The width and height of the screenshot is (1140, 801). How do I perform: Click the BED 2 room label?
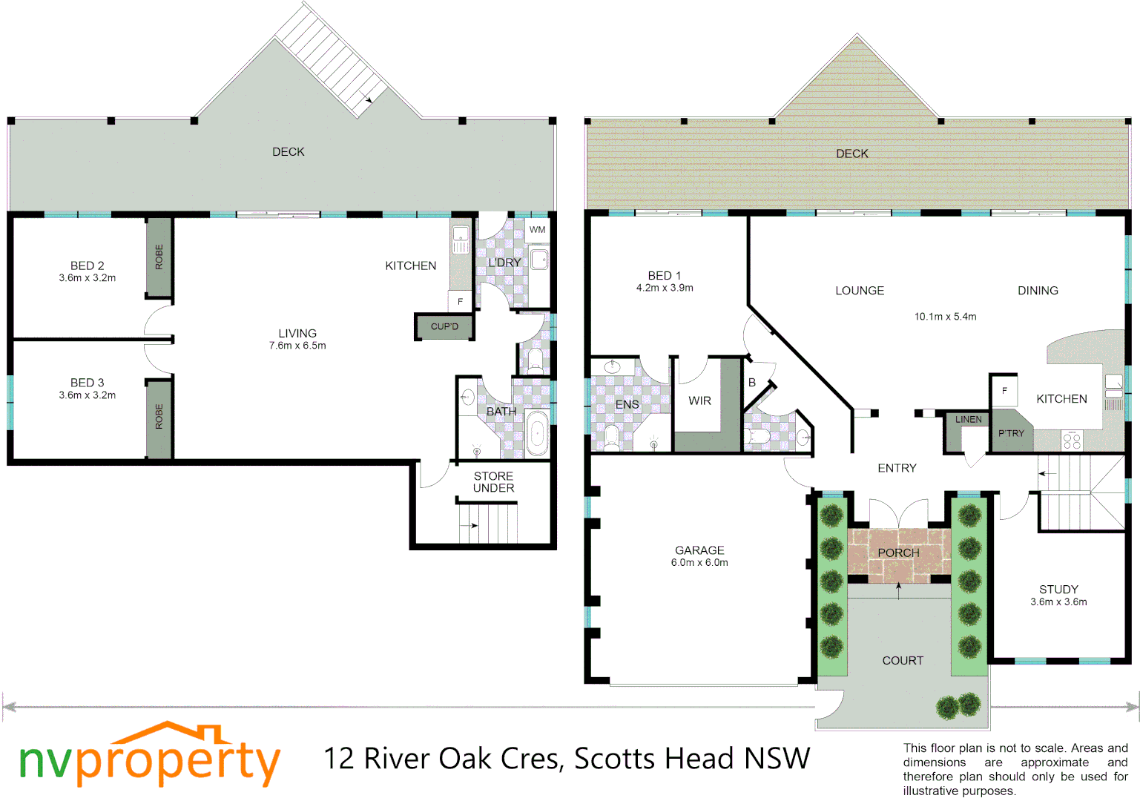tap(87, 266)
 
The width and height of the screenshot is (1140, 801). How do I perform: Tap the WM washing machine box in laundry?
tap(537, 230)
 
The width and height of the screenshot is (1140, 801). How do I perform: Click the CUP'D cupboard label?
tap(444, 326)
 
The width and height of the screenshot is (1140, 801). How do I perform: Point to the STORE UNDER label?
tap(493, 482)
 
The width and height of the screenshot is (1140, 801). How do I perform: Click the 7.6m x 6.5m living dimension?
tap(297, 346)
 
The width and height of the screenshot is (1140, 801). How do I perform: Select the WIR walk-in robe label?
tap(699, 400)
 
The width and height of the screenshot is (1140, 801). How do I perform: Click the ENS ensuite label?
tap(627, 404)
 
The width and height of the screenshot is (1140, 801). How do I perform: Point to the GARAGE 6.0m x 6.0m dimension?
tap(699, 563)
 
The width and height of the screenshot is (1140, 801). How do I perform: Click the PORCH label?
tap(898, 553)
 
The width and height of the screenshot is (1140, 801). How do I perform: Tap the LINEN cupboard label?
tap(968, 420)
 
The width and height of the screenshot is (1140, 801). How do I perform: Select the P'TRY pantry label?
tap(1011, 434)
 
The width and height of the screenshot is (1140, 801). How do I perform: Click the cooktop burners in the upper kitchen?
tap(1072, 441)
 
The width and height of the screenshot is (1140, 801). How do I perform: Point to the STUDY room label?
tap(1058, 589)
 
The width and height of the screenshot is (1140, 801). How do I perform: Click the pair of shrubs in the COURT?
tap(958, 705)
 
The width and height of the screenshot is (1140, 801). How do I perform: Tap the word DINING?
tap(1038, 291)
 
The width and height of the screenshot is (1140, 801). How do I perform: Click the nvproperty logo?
tap(149, 758)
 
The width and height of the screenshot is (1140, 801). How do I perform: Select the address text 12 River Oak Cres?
tap(445, 759)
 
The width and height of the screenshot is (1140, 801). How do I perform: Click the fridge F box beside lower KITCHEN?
tap(460, 301)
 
